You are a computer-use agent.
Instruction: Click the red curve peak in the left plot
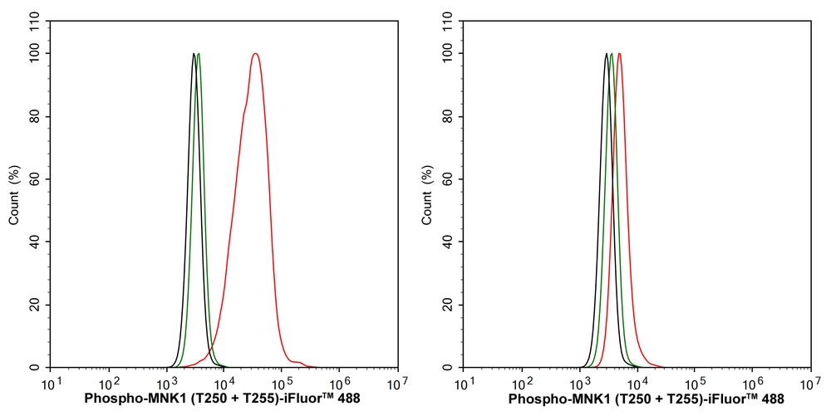[x=255, y=55]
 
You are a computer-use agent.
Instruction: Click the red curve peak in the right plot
[x=619, y=55]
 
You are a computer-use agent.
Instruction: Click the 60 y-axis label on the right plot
[x=449, y=179]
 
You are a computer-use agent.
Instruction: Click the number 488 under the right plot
[x=772, y=399]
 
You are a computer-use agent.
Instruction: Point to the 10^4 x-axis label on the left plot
[x=224, y=384]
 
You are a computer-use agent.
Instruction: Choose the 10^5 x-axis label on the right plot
[x=695, y=384]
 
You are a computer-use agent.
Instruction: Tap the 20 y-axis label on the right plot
[x=449, y=305]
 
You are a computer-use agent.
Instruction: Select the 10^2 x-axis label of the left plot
[x=109, y=384]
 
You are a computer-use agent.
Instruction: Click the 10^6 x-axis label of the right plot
[x=752, y=384]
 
